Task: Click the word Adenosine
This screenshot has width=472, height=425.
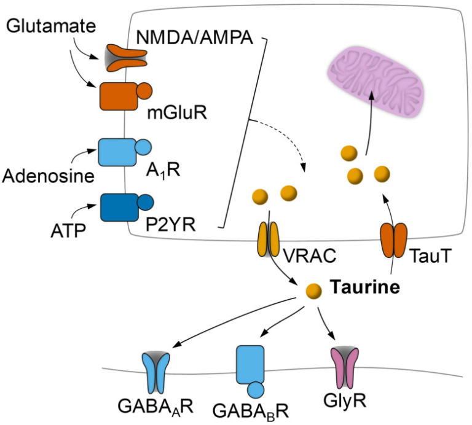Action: coord(47,177)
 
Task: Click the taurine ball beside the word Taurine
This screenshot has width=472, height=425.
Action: coord(313,288)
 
